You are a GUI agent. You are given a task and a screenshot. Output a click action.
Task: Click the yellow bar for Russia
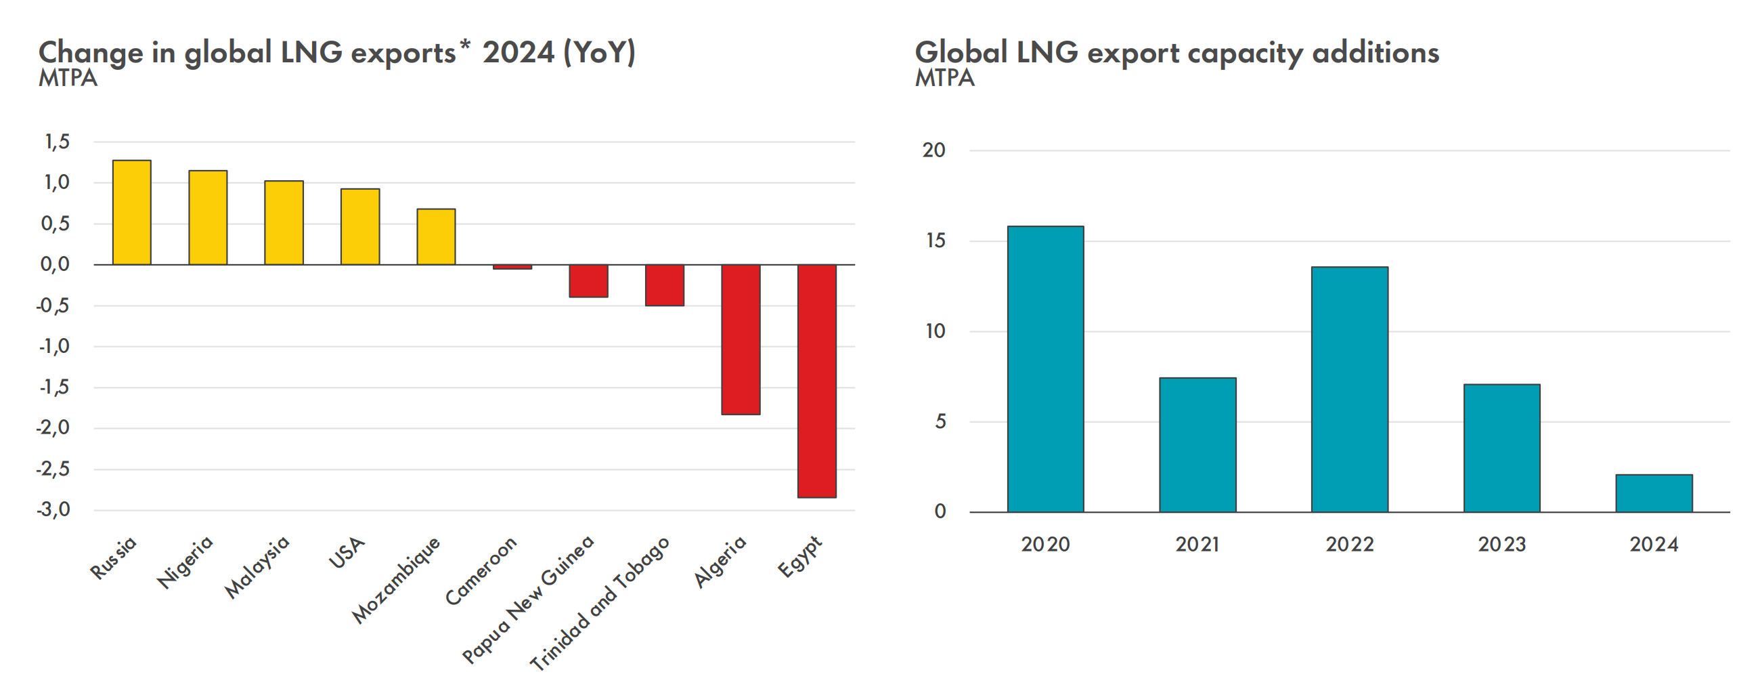pyautogui.click(x=132, y=213)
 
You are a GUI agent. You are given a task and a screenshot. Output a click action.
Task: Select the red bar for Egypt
pyautogui.click(x=816, y=381)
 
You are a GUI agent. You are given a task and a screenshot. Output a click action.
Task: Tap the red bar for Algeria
pyautogui.click(x=741, y=339)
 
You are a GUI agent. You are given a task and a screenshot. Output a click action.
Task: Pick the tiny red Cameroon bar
pyautogui.click(x=512, y=266)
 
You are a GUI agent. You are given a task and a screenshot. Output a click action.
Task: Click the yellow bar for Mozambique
pyautogui.click(x=436, y=236)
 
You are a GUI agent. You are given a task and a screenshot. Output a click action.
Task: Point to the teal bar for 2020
pyautogui.click(x=1045, y=369)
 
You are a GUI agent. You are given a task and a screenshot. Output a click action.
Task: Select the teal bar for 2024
pyautogui.click(x=1654, y=493)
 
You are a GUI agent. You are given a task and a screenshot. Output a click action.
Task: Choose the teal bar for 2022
pyautogui.click(x=1349, y=389)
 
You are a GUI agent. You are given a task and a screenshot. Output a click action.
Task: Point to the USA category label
pyautogui.click(x=347, y=552)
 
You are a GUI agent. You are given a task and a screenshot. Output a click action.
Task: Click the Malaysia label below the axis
pyautogui.click(x=258, y=566)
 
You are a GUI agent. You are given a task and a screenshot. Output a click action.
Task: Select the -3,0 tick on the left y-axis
pyautogui.click(x=54, y=509)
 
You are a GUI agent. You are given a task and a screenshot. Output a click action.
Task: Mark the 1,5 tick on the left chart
pyautogui.click(x=58, y=142)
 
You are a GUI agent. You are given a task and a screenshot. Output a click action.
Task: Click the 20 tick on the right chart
pyautogui.click(x=933, y=150)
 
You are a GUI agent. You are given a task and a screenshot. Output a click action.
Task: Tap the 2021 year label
pyautogui.click(x=1197, y=545)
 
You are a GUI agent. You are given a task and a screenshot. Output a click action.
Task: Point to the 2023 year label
pyautogui.click(x=1501, y=545)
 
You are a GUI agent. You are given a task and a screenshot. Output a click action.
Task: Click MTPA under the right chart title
pyautogui.click(x=944, y=79)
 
